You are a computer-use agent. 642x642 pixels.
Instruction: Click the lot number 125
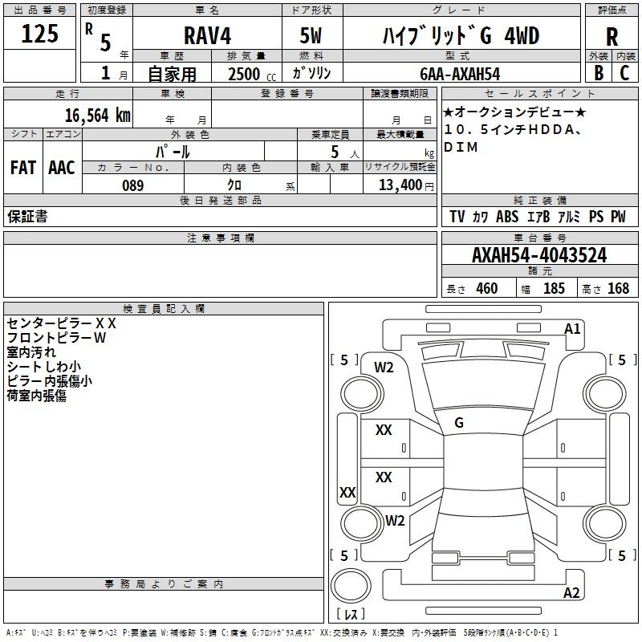40,35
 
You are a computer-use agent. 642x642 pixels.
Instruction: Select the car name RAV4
206,36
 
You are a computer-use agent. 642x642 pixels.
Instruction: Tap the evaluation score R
612,36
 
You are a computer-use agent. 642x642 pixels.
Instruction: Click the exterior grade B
598,73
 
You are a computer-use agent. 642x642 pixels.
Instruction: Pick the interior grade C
624,73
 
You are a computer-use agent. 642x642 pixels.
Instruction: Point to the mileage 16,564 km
93,115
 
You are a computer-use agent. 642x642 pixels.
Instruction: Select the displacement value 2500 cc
249,74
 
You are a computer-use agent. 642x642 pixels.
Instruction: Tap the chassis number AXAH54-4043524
539,256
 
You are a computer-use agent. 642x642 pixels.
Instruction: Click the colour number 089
133,185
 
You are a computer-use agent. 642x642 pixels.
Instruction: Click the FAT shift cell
23,168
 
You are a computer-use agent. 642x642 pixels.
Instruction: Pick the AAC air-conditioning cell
62,168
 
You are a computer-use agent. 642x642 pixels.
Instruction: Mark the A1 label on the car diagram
572,329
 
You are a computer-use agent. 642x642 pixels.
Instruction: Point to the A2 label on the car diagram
572,593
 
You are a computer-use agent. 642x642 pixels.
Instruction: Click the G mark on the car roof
459,423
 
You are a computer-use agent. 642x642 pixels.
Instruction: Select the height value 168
618,289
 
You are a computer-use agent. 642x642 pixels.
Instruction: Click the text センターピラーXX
62,323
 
